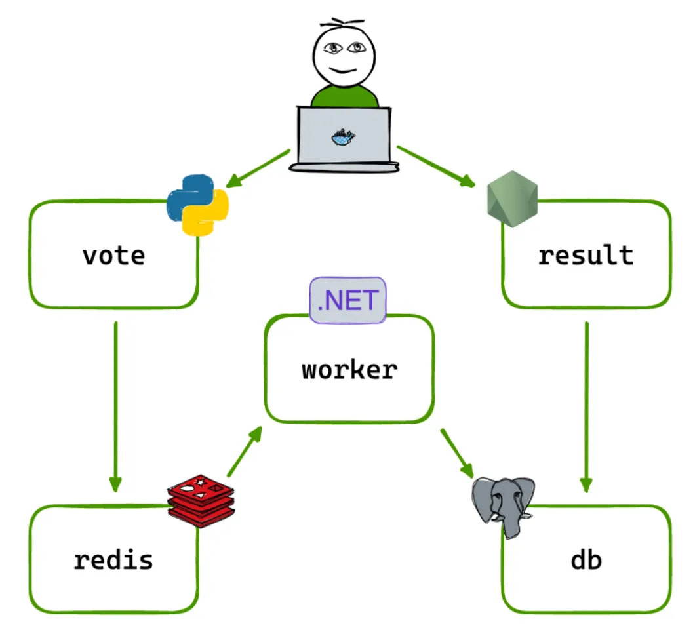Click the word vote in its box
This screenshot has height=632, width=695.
tap(113, 254)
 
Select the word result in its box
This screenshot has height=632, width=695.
tap(586, 254)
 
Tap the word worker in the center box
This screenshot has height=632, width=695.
tap(349, 370)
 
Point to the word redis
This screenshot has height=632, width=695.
tap(113, 560)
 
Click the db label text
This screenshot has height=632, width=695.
tap(586, 560)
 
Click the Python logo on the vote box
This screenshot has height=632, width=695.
tap(197, 204)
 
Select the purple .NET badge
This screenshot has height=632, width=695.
tap(348, 301)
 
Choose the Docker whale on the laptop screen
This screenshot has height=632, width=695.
tap(343, 137)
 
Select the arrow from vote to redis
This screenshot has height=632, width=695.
tap(115, 406)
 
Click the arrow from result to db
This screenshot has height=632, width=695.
tap(586, 406)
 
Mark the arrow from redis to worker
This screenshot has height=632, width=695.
tap(244, 452)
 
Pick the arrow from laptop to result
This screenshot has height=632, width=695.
tap(435, 167)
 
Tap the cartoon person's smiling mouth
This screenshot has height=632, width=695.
tap(344, 70)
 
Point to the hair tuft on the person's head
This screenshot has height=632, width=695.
tap(344, 24)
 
